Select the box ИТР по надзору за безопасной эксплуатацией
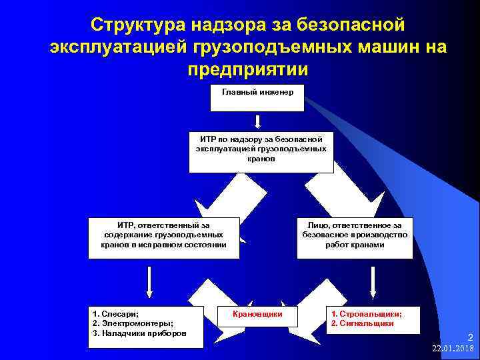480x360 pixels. point(261,153)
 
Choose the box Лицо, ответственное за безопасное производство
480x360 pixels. point(355,237)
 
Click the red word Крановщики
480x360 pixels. point(257,313)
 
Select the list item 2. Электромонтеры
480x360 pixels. point(129,323)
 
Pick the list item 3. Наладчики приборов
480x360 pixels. point(139,333)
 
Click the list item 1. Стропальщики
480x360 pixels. point(366,313)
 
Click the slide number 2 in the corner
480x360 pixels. point(469,338)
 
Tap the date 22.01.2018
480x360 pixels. point(453,349)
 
